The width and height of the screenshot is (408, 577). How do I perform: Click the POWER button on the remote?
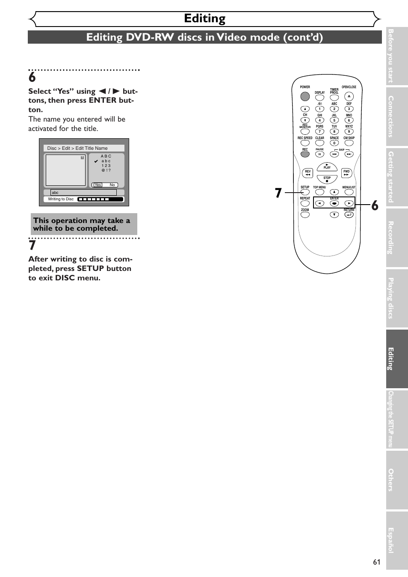(x=305, y=97)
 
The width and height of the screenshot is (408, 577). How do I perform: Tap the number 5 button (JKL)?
(x=334, y=120)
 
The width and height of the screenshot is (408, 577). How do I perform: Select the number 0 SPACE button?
(x=334, y=143)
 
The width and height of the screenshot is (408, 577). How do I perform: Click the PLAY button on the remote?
(x=327, y=167)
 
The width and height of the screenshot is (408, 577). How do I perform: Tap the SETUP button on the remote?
(x=305, y=192)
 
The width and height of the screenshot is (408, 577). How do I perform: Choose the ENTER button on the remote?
(x=334, y=203)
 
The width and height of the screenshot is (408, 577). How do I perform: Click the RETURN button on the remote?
(x=349, y=214)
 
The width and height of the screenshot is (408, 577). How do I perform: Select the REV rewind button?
(x=307, y=173)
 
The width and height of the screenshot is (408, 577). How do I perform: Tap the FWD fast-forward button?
(x=346, y=173)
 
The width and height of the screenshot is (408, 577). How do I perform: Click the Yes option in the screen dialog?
(x=98, y=185)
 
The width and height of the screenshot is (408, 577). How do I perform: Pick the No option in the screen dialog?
(x=112, y=185)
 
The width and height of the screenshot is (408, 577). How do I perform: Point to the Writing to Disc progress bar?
(x=101, y=199)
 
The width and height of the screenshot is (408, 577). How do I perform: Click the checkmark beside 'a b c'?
(x=96, y=161)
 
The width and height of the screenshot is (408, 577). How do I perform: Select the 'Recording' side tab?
(x=396, y=238)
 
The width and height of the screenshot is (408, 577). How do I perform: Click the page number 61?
(x=376, y=562)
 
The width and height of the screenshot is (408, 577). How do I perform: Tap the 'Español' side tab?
(x=396, y=540)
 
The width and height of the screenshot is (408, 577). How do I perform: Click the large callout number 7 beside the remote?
(x=278, y=193)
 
